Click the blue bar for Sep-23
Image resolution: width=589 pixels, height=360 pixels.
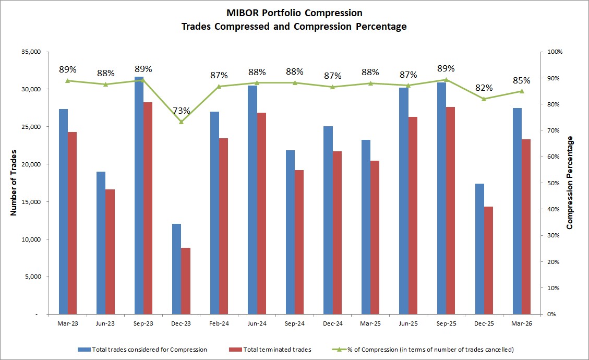[x=139, y=196]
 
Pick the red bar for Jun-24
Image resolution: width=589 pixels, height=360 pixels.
[x=262, y=213]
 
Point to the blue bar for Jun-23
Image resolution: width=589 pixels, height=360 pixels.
[x=101, y=243]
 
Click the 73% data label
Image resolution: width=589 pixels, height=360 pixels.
[x=181, y=110]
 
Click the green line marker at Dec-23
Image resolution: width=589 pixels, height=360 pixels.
[x=181, y=122]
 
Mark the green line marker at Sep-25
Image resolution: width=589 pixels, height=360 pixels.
[x=446, y=80]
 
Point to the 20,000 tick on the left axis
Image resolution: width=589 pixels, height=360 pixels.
[x=31, y=164]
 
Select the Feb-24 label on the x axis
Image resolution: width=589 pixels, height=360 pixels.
[x=219, y=324]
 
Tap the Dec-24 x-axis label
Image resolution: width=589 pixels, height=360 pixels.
[x=332, y=324]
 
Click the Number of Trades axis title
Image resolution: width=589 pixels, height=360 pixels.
[x=14, y=183]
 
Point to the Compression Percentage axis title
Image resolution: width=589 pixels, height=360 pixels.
[x=570, y=183]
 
